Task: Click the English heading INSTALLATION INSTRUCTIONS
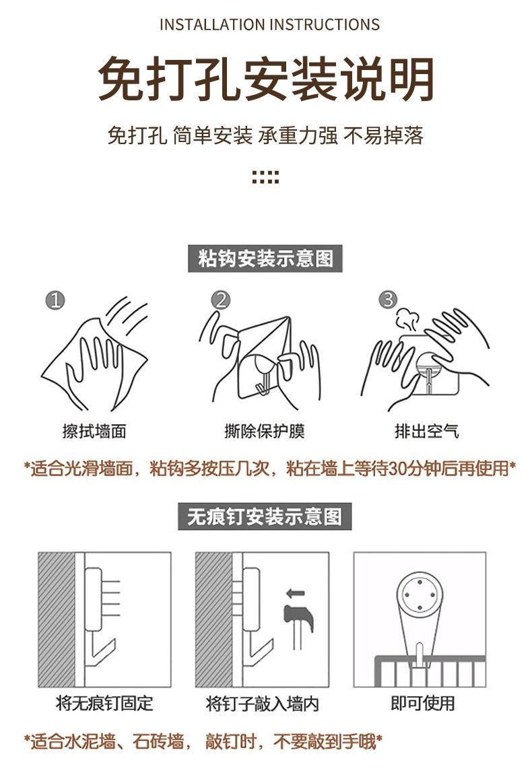[x=269, y=24]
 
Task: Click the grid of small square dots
[x=265, y=177]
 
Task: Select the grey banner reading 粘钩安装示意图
[x=265, y=259]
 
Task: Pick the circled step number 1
[x=55, y=300]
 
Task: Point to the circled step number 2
[x=221, y=300]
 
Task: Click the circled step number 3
[x=388, y=300]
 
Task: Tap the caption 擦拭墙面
[x=95, y=431]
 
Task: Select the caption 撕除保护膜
[x=265, y=431]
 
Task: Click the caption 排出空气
[x=427, y=431]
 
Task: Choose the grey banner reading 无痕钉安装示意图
[x=265, y=516]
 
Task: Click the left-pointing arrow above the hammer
[x=296, y=593]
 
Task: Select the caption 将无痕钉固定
[x=104, y=704]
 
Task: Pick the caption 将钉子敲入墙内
[x=263, y=704]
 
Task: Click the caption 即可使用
[x=423, y=704]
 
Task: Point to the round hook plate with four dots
[x=420, y=595]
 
